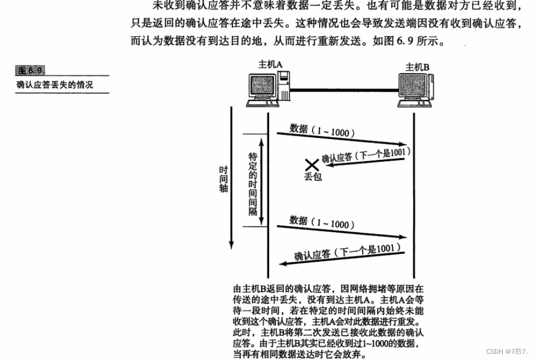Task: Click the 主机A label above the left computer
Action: (270, 65)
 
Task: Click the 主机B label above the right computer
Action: (417, 67)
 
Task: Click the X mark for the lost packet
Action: (312, 165)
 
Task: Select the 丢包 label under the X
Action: (312, 177)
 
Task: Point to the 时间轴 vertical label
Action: (224, 179)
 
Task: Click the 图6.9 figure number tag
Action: (31, 71)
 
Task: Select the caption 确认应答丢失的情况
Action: (54, 85)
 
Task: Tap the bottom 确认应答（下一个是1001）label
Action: (344, 251)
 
